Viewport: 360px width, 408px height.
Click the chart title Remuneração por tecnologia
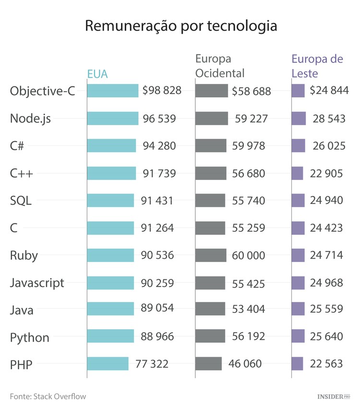click(181, 26)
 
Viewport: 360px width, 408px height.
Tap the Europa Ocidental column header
click(220, 66)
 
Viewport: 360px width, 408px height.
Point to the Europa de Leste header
click(317, 66)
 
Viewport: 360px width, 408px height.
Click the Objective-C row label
click(43, 91)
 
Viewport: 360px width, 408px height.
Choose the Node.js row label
click(30, 119)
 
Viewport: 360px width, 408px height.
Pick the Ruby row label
click(24, 255)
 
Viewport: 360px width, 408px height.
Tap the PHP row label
click(21, 365)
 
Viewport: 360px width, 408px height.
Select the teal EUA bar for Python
click(110, 336)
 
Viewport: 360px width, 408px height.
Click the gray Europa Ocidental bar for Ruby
click(211, 255)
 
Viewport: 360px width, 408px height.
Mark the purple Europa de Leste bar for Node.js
click(299, 119)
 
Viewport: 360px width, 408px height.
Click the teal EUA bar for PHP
click(108, 364)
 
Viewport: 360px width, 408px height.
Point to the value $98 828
click(162, 90)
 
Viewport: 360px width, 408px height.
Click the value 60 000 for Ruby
click(248, 255)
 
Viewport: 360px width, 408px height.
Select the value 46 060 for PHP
click(245, 364)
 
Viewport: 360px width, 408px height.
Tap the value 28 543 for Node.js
click(329, 119)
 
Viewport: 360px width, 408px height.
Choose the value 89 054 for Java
click(157, 308)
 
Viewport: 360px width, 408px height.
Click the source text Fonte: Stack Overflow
click(48, 396)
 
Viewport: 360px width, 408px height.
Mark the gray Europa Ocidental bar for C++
click(211, 173)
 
